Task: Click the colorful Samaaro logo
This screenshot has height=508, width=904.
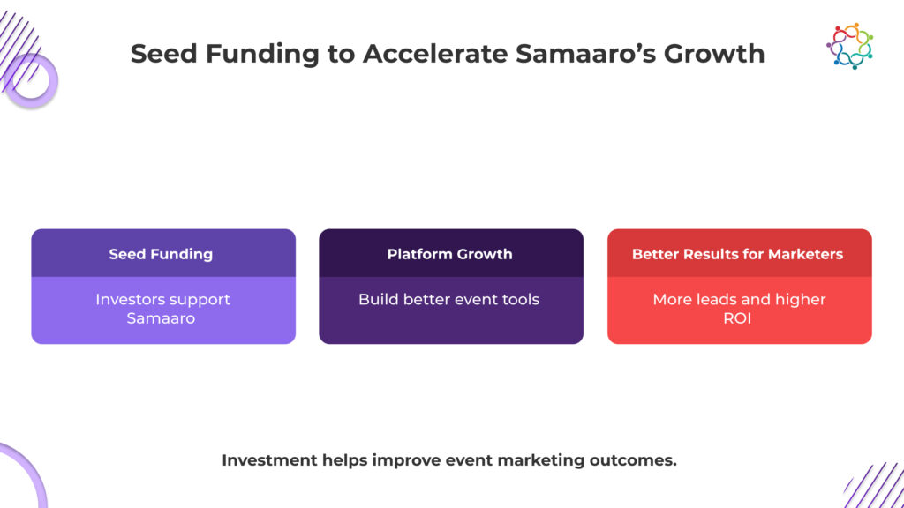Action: (x=849, y=46)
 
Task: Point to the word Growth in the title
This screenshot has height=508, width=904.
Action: (x=714, y=53)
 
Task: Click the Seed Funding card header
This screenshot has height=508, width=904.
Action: (x=161, y=254)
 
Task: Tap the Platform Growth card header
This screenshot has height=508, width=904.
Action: (x=449, y=254)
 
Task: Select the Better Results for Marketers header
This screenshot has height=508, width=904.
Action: (x=737, y=254)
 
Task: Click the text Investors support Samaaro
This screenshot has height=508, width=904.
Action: (x=162, y=309)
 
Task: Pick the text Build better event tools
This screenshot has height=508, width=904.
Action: (x=448, y=300)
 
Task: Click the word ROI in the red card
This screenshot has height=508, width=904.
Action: (x=737, y=318)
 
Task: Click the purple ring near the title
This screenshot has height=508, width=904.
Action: (x=30, y=81)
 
